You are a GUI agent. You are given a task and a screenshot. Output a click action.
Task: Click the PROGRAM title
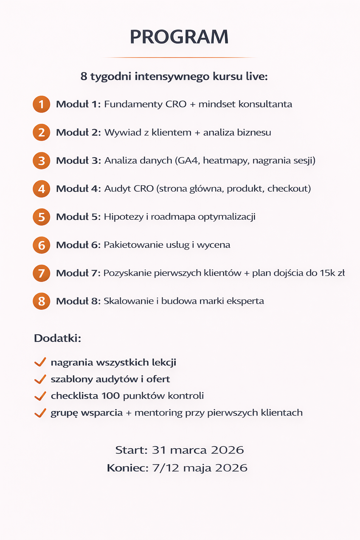179,37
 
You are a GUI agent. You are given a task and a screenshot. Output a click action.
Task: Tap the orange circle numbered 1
41,104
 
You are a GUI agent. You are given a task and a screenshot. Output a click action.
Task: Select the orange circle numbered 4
41,189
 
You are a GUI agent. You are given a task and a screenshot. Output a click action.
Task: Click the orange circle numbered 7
41,273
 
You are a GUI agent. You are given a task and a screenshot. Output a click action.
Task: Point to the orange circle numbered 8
41,301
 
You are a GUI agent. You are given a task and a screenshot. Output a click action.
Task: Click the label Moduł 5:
78,217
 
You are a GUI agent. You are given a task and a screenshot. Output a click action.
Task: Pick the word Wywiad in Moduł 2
123,133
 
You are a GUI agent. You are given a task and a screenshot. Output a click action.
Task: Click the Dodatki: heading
58,338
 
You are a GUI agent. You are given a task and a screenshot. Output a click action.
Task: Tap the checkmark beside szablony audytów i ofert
40,379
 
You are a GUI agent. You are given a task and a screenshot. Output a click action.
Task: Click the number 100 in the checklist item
111,396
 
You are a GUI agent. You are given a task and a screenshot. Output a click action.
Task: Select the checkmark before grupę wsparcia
40,413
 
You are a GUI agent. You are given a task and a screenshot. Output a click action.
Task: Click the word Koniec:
128,468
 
